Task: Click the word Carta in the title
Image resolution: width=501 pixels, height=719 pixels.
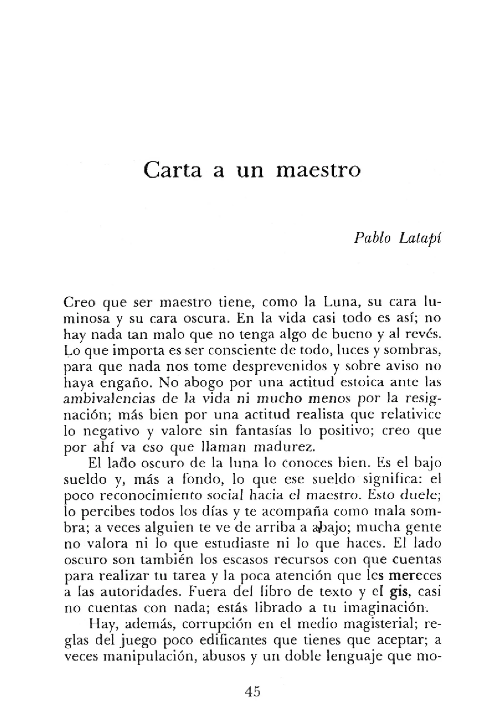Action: pyautogui.click(x=172, y=170)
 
